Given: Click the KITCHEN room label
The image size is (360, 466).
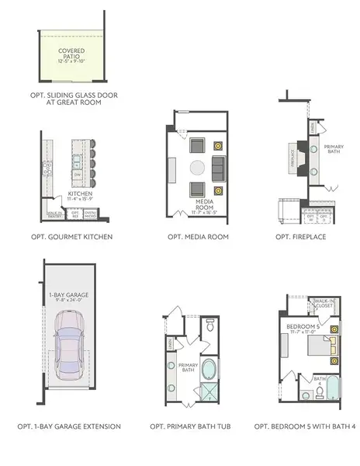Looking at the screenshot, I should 80,195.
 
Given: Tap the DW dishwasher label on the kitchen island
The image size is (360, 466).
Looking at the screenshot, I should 77,176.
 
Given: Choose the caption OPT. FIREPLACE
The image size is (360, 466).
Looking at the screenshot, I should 300,236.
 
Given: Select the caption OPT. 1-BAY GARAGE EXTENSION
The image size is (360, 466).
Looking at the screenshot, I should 70,427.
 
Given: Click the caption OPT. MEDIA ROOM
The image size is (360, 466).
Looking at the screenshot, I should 198,236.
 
